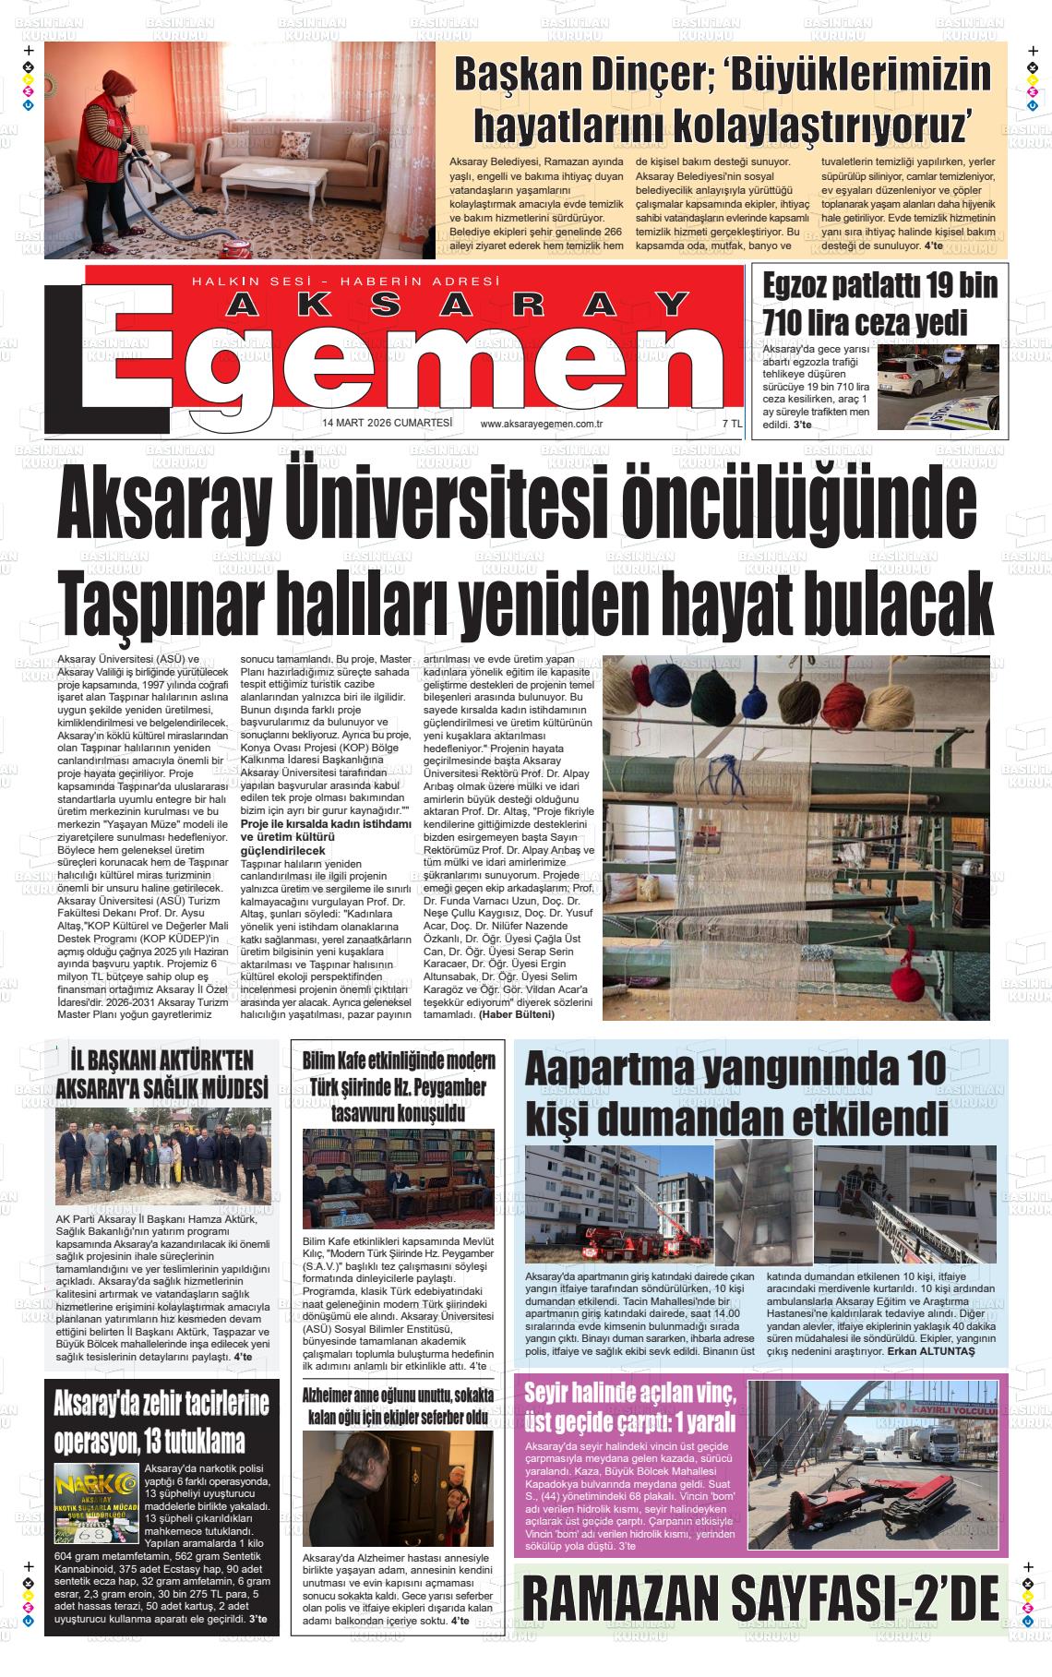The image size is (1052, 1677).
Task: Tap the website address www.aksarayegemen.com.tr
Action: click(542, 424)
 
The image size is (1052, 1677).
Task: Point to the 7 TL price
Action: click(732, 424)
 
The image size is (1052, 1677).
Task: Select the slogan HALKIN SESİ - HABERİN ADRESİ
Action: click(344, 281)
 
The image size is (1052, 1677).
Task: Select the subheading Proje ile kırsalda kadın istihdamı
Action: click(325, 822)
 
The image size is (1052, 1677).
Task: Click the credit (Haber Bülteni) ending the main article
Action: click(517, 1014)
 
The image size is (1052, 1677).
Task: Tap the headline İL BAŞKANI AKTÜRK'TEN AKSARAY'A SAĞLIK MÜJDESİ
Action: click(161, 1073)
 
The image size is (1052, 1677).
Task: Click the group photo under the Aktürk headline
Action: click(162, 1158)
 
